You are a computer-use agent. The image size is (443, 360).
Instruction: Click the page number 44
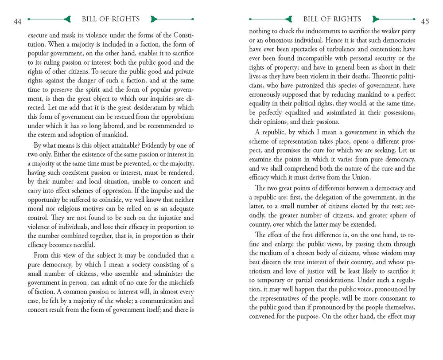point(18,22)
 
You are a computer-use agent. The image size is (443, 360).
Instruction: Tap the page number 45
point(425,22)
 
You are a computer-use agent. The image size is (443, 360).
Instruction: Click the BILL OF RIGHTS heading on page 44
point(111,19)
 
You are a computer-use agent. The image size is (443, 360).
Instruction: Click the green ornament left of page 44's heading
point(67,19)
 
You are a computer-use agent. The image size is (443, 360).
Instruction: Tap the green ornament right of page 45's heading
point(377,19)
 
